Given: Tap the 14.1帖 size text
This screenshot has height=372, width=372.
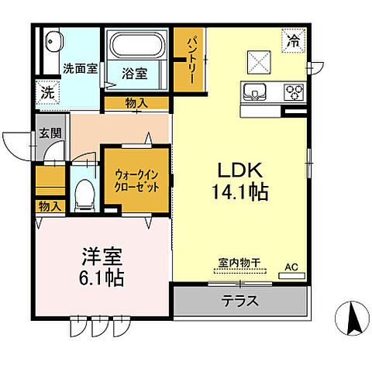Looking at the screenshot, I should (x=240, y=191).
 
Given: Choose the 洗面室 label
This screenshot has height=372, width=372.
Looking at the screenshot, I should (x=80, y=68).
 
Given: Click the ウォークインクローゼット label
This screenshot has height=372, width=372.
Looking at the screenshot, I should (x=137, y=181).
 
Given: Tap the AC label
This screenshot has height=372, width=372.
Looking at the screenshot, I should (x=291, y=268).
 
